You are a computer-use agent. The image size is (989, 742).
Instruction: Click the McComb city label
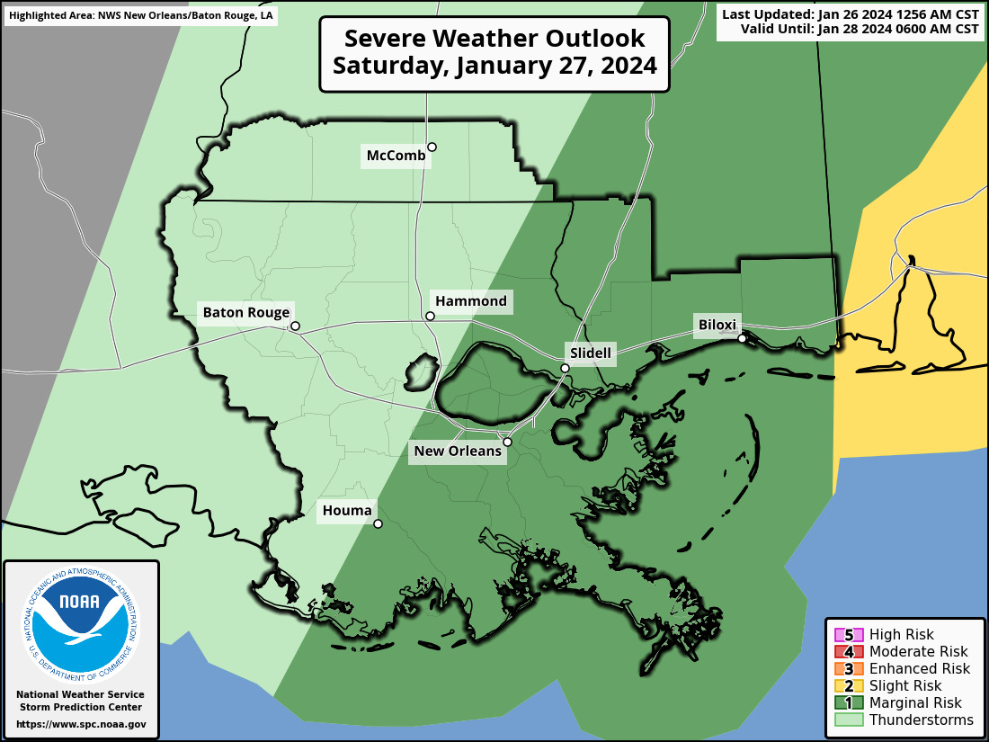(x=396, y=156)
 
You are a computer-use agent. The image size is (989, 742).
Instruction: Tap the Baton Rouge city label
(x=245, y=313)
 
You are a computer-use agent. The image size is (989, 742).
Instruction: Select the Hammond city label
(x=470, y=301)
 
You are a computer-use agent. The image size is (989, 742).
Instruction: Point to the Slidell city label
(x=590, y=353)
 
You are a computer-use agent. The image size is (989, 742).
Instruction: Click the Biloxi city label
(x=717, y=325)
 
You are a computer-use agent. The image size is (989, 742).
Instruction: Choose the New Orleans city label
(x=457, y=451)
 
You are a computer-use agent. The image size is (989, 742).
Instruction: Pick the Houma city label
(x=346, y=512)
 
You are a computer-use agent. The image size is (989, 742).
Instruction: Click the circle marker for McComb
(x=432, y=147)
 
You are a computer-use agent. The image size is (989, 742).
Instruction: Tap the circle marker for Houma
(x=378, y=523)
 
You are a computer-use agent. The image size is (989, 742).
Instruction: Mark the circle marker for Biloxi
(x=742, y=338)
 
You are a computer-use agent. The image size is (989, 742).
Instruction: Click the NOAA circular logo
(x=80, y=621)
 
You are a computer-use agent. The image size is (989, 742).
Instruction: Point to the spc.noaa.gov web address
(x=80, y=724)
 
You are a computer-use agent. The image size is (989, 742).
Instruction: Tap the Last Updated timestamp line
(x=850, y=15)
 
